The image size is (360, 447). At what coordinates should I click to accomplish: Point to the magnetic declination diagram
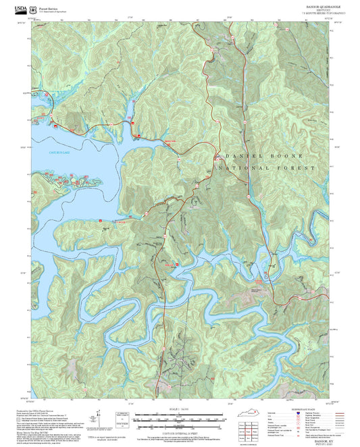[x=122, y=418]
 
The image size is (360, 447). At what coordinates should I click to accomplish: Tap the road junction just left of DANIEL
[x=215, y=157]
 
